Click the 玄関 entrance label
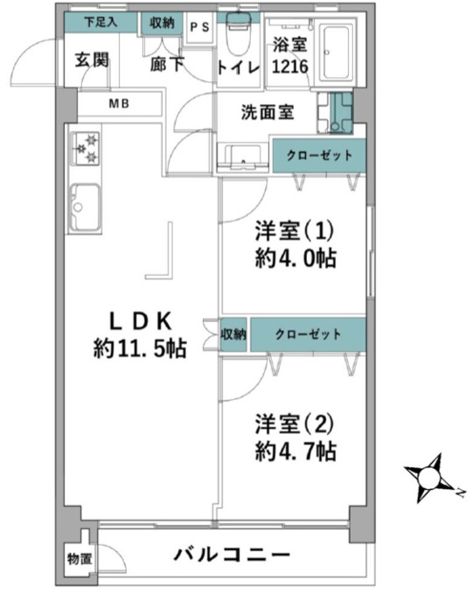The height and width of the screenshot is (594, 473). [92, 60]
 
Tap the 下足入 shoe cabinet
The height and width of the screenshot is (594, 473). [101, 22]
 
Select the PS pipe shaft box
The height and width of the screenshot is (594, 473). [199, 28]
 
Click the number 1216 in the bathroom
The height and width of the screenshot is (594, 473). [290, 66]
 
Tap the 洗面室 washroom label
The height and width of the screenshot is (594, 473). [268, 112]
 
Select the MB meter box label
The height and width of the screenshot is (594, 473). [119, 103]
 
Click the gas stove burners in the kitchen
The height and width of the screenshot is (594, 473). [85, 148]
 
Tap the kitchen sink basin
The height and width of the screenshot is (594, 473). [86, 207]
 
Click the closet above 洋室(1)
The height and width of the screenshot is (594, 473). [319, 155]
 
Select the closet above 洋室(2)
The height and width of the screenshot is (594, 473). [308, 335]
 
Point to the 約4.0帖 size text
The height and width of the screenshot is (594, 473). [296, 259]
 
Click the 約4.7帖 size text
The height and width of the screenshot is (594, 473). [296, 451]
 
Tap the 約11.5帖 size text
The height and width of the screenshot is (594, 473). [140, 349]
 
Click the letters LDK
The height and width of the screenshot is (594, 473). [141, 321]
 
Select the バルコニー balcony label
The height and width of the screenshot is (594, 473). [232, 555]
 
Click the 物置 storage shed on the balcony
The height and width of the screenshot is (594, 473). [80, 558]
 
